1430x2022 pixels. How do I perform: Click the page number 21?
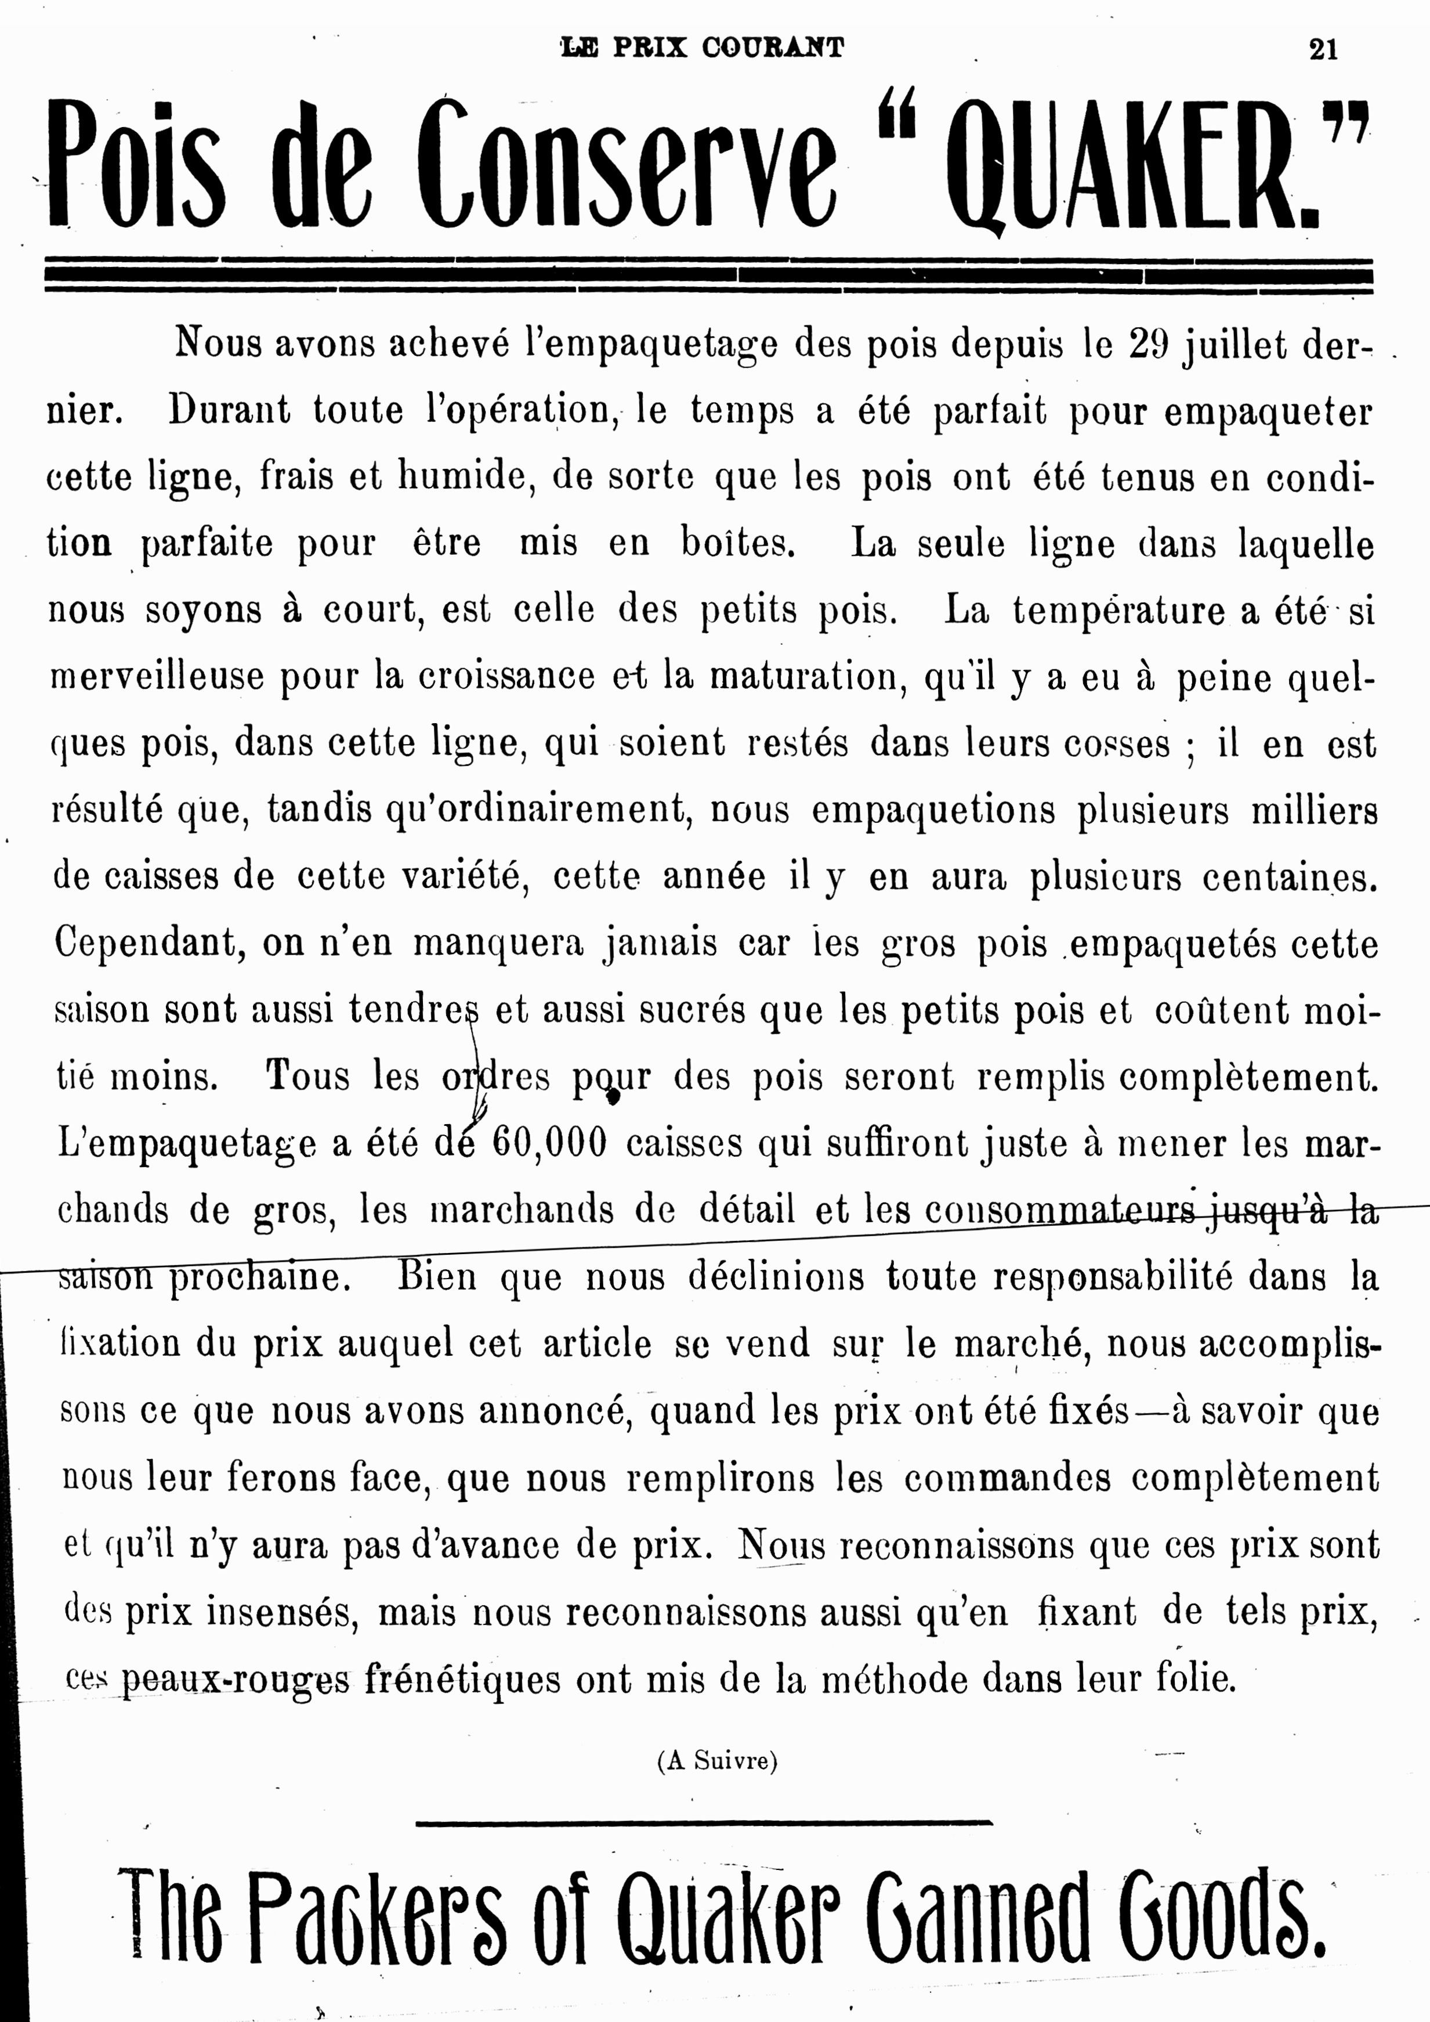(1323, 49)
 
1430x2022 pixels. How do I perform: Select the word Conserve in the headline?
(626, 165)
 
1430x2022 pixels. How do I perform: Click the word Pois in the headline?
(136, 165)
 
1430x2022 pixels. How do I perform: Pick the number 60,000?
(549, 1143)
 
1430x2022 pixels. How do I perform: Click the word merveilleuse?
(157, 676)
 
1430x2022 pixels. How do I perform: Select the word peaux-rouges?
(235, 1680)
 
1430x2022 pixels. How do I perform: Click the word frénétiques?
(462, 1680)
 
